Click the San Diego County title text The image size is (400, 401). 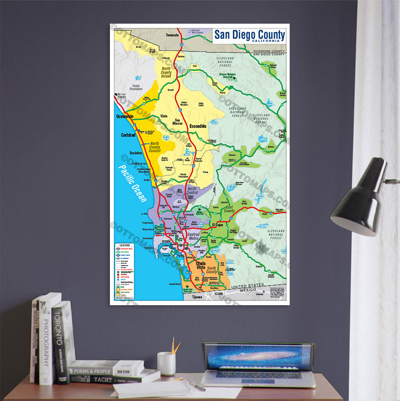(x=249, y=34)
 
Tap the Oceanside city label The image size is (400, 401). (x=125, y=116)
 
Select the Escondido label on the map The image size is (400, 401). (x=198, y=126)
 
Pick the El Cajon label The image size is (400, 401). (x=217, y=225)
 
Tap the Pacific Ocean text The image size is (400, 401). (x=133, y=184)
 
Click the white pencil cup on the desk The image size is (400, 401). (x=166, y=364)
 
